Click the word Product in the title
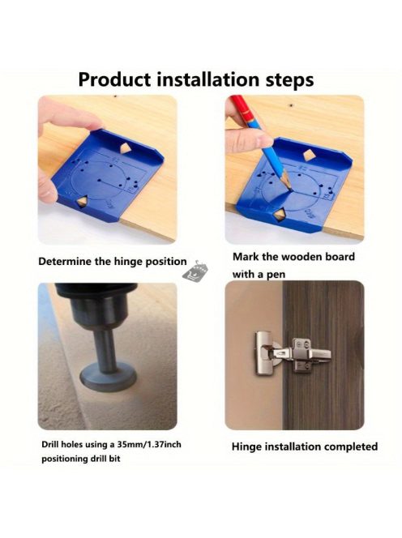click(x=114, y=79)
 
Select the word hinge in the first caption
click(x=128, y=262)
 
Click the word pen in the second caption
click(x=276, y=275)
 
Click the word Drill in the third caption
click(x=50, y=445)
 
